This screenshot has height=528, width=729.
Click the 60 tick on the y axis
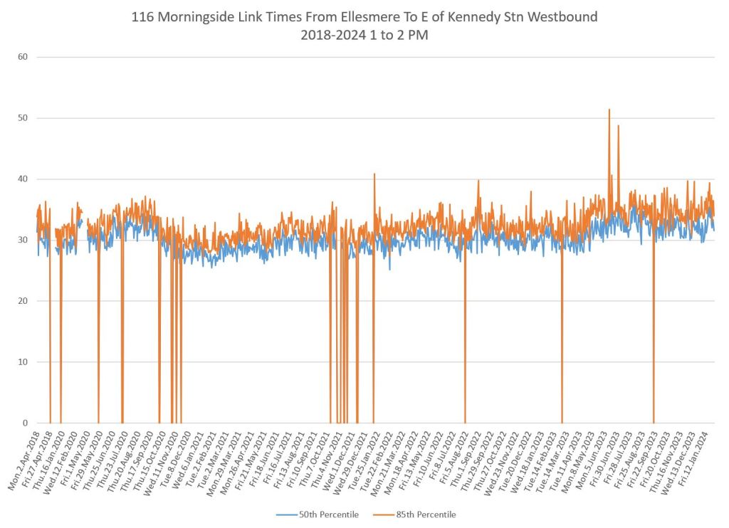(x=22, y=57)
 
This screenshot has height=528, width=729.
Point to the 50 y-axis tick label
(x=22, y=118)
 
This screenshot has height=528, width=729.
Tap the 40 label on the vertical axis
(x=22, y=179)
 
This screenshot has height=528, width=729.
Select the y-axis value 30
(x=22, y=240)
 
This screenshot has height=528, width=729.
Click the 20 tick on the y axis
(x=22, y=301)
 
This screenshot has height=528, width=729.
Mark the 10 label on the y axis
(x=22, y=362)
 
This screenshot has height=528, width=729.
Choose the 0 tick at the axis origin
(x=24, y=423)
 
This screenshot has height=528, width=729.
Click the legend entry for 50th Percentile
(x=320, y=514)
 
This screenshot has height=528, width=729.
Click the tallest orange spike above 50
(x=609, y=110)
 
